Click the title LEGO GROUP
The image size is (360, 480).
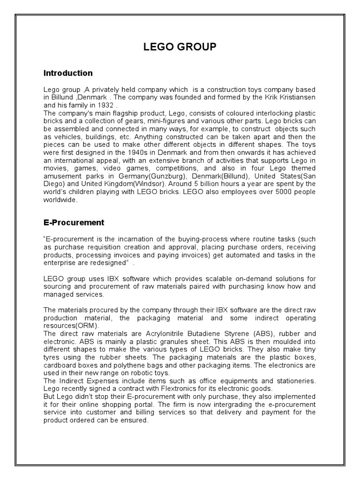pyautogui.click(x=180, y=47)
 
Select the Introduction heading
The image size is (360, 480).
pyautogui.click(x=68, y=73)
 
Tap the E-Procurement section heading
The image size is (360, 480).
pyautogui.click(x=74, y=222)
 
